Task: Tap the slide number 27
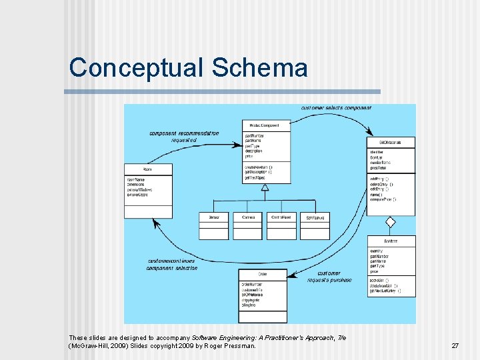(x=455, y=346)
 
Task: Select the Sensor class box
(x=214, y=226)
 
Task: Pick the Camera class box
(x=247, y=226)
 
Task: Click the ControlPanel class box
(x=283, y=226)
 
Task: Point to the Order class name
(x=263, y=274)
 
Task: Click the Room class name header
(x=147, y=169)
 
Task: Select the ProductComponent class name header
(x=265, y=125)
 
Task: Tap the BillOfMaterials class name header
(x=391, y=143)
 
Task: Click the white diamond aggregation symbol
(x=391, y=222)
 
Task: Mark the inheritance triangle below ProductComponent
(x=265, y=187)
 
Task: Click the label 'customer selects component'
(x=336, y=108)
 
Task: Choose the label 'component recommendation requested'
(x=184, y=137)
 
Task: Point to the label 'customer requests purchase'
(x=329, y=277)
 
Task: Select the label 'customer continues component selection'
(x=173, y=264)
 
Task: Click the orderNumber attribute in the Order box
(x=251, y=285)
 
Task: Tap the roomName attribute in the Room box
(x=136, y=180)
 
